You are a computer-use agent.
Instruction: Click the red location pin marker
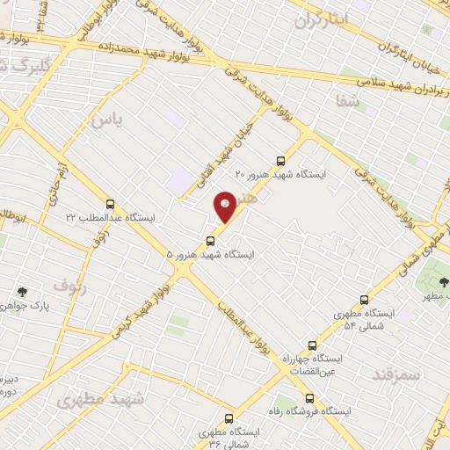(225, 207)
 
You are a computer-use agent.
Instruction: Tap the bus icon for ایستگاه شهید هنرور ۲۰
(280, 161)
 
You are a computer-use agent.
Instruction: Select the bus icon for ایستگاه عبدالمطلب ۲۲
(110, 202)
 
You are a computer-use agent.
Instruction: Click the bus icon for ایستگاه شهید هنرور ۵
(209, 240)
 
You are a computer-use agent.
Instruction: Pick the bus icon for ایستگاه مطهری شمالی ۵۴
(365, 300)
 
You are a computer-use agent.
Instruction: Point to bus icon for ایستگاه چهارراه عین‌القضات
(309, 346)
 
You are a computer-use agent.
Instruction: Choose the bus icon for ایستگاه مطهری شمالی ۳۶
(229, 419)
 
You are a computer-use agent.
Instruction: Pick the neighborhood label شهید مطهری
(101, 400)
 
